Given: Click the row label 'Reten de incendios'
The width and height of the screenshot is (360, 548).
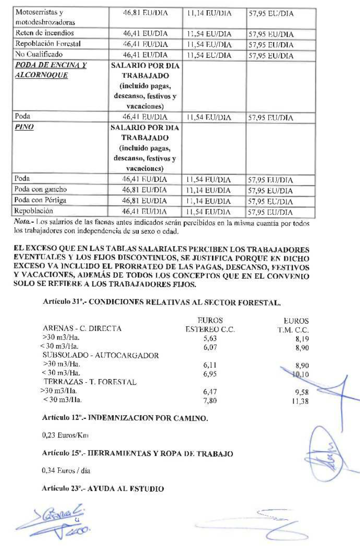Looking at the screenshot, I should point(44,33).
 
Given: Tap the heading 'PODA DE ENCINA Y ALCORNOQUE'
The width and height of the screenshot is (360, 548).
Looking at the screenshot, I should point(50,70).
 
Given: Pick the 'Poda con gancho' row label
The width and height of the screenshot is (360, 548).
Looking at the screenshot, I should point(41,190).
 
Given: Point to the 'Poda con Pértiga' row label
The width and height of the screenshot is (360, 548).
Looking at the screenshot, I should point(41,200).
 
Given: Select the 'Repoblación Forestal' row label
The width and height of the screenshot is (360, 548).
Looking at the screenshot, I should point(48,44).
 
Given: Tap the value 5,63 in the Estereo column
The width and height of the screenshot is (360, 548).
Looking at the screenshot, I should point(210,338).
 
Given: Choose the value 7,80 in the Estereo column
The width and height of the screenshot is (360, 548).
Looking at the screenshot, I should point(210,400).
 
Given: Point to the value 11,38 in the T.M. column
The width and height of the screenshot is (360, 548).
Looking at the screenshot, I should point(300,400).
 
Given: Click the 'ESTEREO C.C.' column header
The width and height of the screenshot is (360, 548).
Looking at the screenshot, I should point(210,330).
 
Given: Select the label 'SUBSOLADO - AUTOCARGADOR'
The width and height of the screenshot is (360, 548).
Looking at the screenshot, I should point(101,356).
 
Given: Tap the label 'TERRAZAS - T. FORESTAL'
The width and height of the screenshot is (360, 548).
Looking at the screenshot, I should point(90,382).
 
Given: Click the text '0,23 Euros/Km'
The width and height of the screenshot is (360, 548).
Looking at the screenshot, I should point(65,436).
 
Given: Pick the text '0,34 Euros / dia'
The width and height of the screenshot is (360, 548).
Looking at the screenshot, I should point(66,471).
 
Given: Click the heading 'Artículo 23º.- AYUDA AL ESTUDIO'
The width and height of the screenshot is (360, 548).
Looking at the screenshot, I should point(103,488).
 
